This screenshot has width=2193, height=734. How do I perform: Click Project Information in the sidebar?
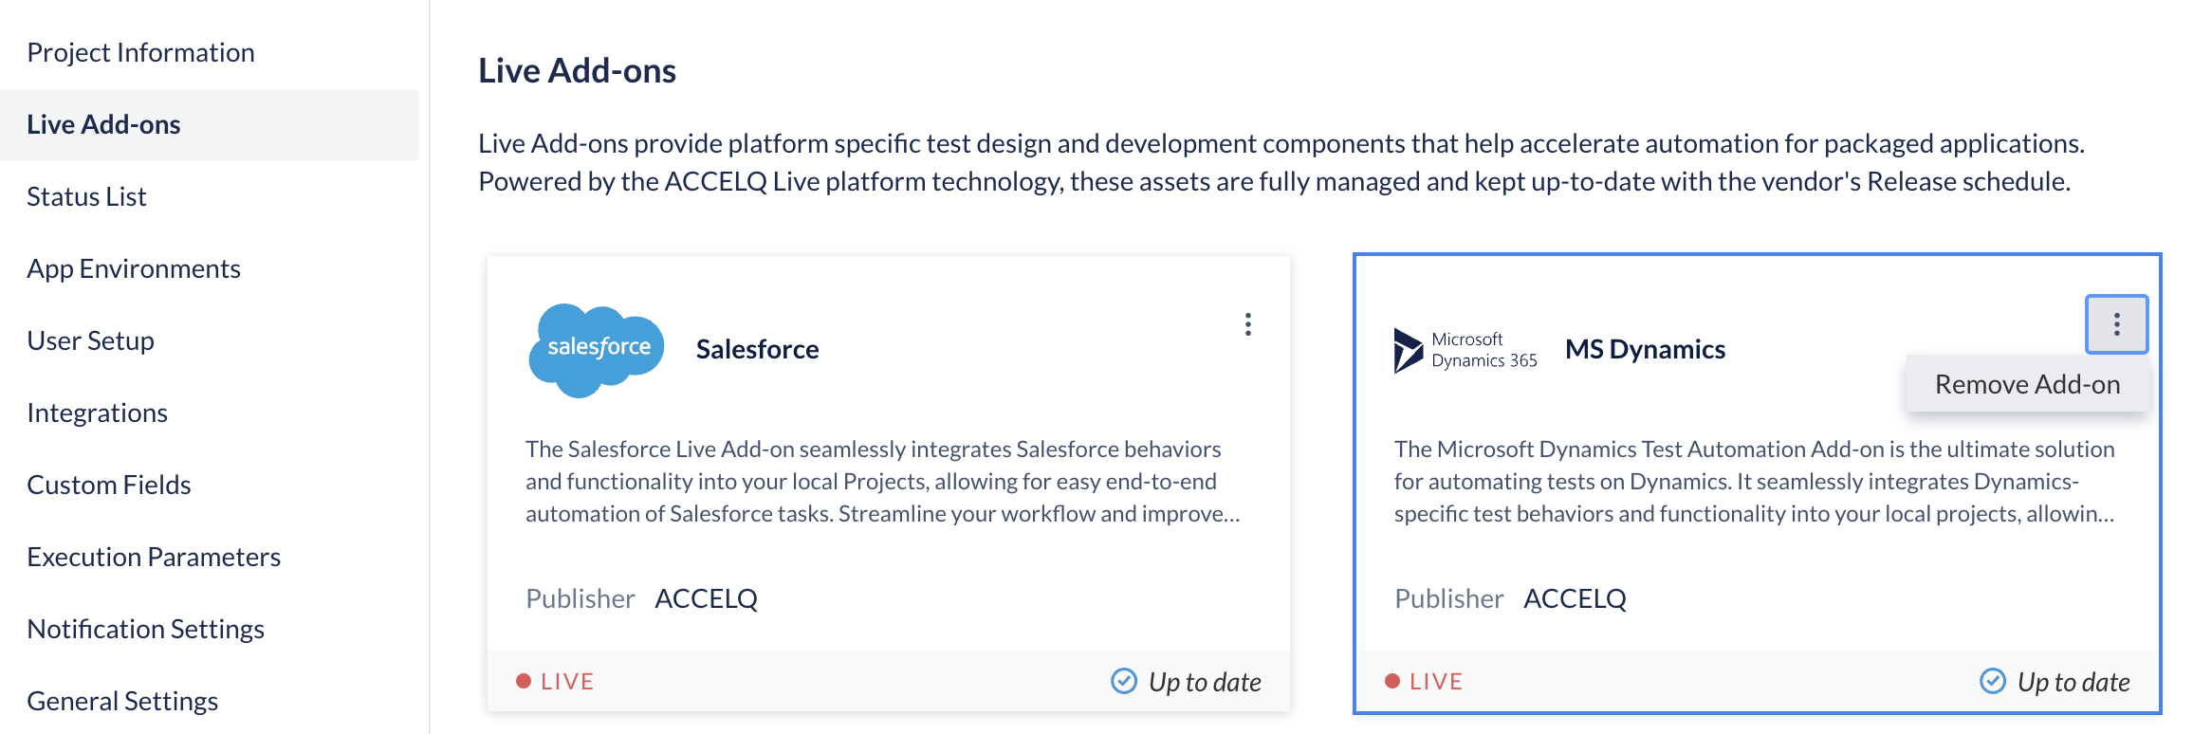140,52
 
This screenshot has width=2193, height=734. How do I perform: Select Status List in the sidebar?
86,196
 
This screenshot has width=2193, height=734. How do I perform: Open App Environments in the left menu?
134,268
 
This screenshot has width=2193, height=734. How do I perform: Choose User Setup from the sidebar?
90,340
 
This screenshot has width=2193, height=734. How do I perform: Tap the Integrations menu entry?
97,413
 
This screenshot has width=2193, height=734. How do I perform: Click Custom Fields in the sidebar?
109,485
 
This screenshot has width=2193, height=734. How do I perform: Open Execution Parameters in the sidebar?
154,557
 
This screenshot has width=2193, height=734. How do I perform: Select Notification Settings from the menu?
145,629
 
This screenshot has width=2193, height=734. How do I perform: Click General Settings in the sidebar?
122,701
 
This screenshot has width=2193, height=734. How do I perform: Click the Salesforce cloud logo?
596,350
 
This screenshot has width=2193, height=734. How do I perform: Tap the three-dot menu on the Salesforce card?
1248,324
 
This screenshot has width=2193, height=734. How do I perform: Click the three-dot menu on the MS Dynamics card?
2116,324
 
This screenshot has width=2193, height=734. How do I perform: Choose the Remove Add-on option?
2027,384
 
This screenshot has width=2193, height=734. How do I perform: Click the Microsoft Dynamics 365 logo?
1465,350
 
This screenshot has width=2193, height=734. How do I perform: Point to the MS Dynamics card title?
1645,349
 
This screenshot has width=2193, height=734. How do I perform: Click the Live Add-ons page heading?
577,70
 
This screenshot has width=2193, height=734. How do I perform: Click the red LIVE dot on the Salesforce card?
523,681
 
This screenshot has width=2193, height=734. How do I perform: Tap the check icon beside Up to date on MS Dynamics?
1992,681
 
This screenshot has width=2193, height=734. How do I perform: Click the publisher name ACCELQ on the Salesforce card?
706,598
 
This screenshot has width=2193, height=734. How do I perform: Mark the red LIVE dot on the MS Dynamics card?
1392,681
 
